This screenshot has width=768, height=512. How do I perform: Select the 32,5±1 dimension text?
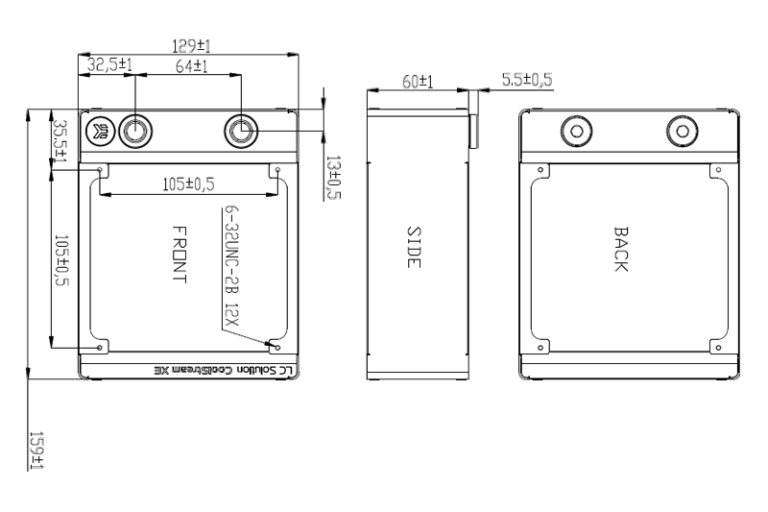(109, 65)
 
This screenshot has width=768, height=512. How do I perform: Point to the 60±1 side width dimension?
(416, 83)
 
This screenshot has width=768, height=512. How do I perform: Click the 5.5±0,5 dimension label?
(527, 79)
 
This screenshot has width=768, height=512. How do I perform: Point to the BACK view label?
(620, 251)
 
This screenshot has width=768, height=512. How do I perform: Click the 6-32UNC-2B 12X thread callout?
(231, 268)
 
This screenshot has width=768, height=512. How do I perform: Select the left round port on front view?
(134, 131)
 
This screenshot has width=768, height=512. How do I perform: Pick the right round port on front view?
(241, 131)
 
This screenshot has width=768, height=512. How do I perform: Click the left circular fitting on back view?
(577, 131)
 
